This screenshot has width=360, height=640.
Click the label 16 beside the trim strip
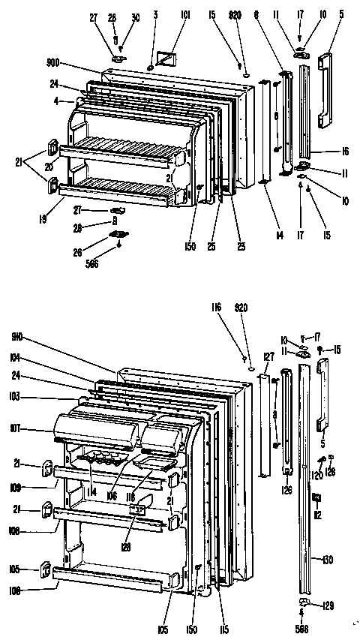coord(344,151)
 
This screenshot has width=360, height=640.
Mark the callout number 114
coord(91,492)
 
